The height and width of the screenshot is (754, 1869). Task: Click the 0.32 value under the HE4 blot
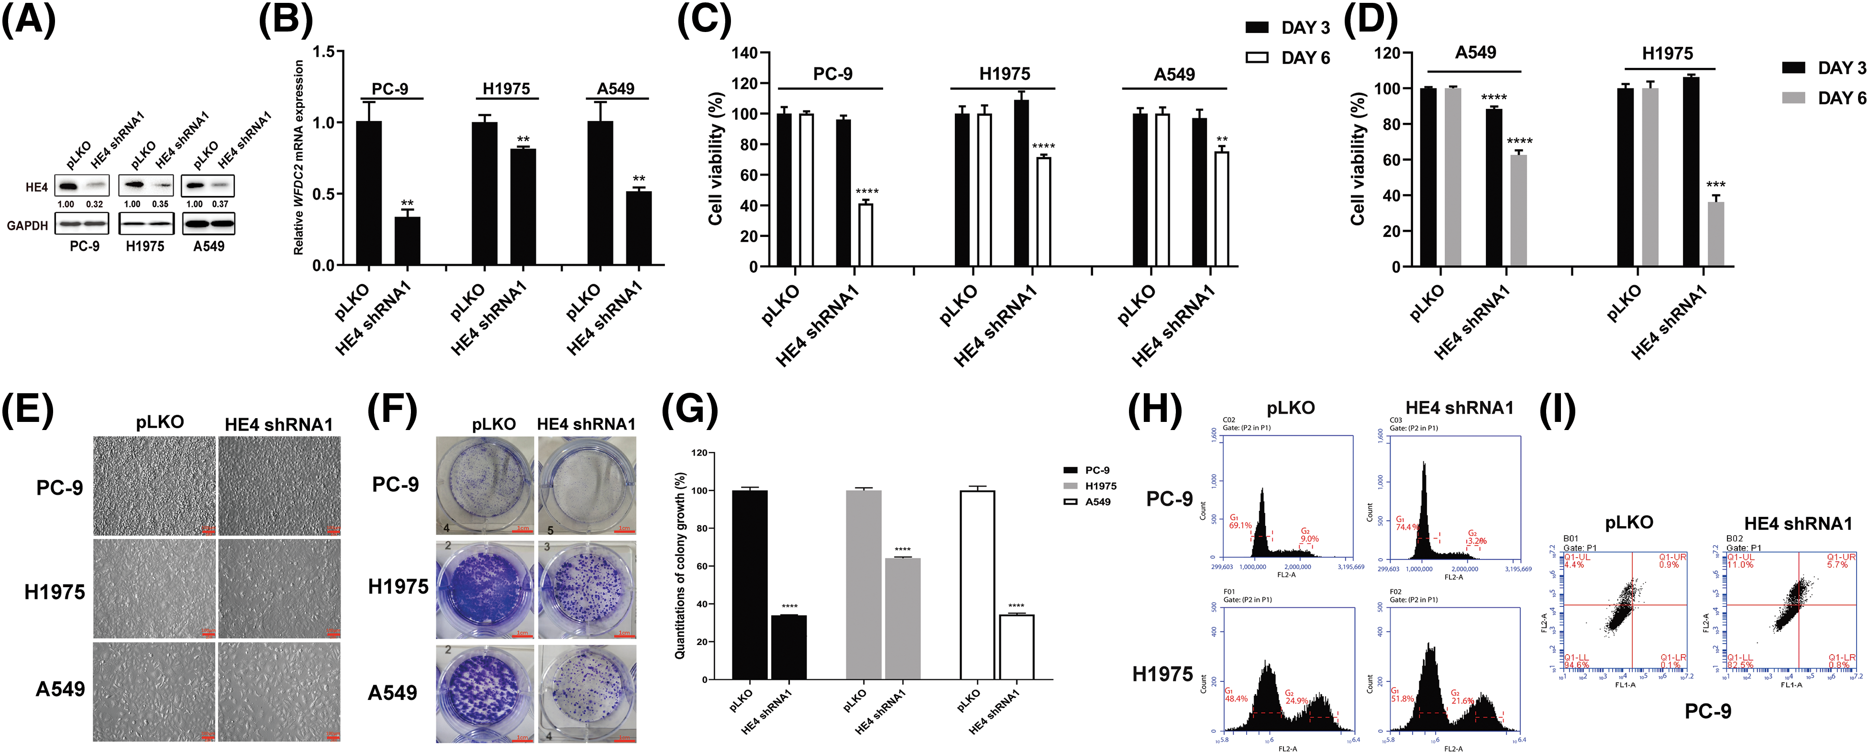[94, 205]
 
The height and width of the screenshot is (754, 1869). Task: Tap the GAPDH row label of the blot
[28, 226]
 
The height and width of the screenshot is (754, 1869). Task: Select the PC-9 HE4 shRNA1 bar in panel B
[407, 241]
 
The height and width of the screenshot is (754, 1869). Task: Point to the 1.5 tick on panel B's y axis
[324, 52]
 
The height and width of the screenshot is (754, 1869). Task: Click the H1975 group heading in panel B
[507, 88]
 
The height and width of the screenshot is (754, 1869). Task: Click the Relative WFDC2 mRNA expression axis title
[298, 157]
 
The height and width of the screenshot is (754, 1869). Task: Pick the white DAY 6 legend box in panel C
[1257, 57]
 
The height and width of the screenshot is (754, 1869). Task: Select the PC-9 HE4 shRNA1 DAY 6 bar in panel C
[865, 235]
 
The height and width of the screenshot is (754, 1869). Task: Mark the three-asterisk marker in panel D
[1716, 184]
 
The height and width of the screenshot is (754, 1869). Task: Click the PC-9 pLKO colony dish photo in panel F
[484, 485]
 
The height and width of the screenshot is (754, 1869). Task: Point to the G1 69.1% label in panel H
[1240, 522]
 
